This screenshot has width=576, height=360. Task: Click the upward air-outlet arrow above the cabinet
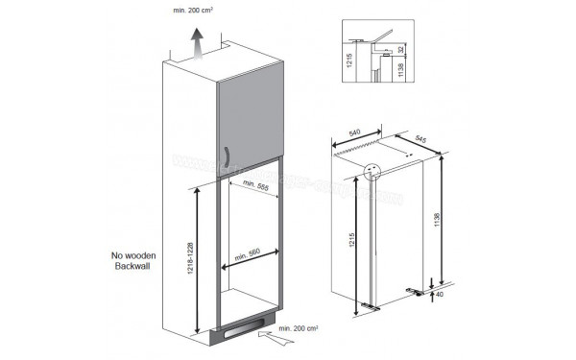(196, 41)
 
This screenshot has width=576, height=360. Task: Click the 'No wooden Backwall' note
(133, 261)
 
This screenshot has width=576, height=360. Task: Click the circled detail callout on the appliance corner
(373, 171)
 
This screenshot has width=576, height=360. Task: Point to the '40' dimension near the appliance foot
(440, 296)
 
